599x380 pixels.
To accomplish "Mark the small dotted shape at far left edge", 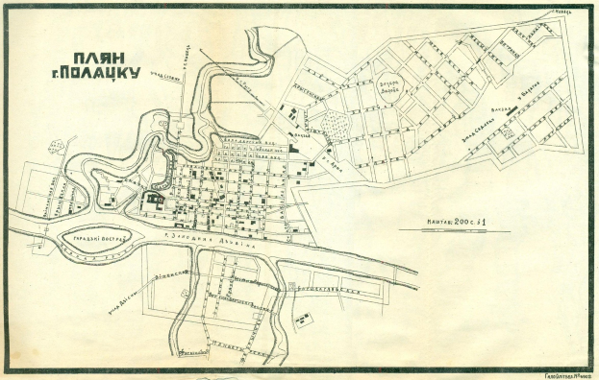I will (55, 147).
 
